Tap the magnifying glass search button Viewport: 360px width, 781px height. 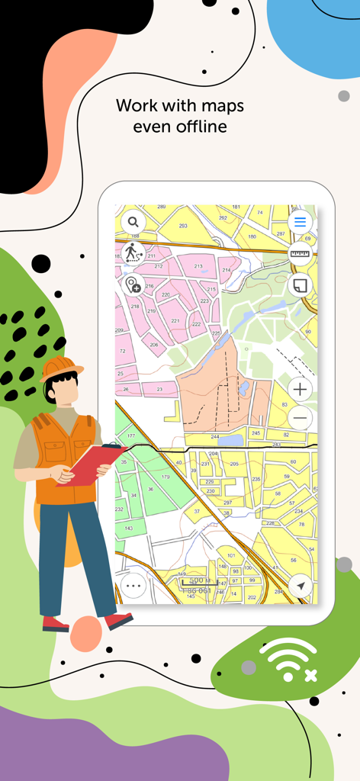coord(133,222)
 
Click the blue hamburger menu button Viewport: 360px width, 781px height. coord(300,222)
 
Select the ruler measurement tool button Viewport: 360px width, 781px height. coord(300,254)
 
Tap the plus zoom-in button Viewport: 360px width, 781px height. coord(301,389)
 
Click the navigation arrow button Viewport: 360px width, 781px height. coord(301,586)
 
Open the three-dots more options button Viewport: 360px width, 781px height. coord(133,586)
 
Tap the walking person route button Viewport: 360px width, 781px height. coord(133,252)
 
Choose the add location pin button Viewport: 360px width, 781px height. coord(133,284)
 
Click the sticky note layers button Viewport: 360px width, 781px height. coord(300,285)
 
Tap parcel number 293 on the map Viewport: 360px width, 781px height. coord(183,226)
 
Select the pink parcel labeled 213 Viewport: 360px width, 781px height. coord(199,266)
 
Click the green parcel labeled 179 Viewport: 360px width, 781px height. coord(166,477)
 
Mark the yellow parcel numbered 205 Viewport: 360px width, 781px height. coord(234,464)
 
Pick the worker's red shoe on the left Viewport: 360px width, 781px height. coord(56,623)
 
